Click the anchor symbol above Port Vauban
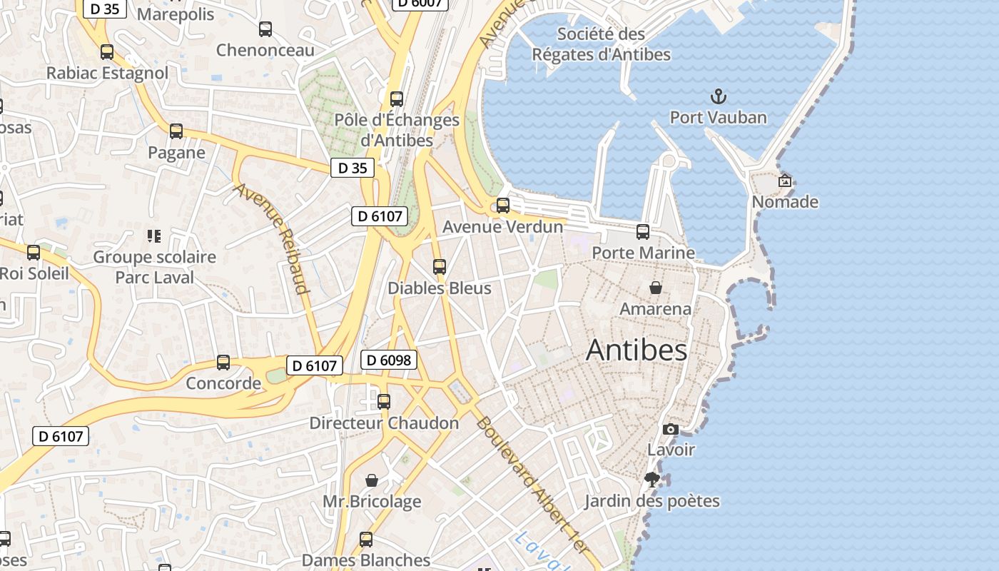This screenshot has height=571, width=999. (718, 96)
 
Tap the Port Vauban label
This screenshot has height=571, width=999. (718, 118)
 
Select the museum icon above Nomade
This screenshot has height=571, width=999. (785, 181)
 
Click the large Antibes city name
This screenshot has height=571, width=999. (637, 350)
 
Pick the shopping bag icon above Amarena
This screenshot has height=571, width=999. (655, 288)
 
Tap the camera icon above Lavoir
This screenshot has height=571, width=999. (671, 429)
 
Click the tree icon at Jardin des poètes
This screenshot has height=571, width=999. (651, 480)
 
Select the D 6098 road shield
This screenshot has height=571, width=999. (389, 360)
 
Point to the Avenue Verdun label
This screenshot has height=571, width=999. (502, 227)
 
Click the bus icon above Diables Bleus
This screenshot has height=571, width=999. (440, 267)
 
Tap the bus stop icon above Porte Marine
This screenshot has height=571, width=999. (643, 232)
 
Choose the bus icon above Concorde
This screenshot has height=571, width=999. (223, 363)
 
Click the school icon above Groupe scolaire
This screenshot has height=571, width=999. (154, 236)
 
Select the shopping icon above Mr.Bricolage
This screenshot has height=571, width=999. (372, 480)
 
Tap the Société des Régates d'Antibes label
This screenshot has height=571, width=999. (601, 44)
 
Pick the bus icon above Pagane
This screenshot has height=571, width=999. (176, 131)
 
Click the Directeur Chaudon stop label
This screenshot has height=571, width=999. (384, 423)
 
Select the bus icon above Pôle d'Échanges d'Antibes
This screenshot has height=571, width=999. (397, 99)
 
